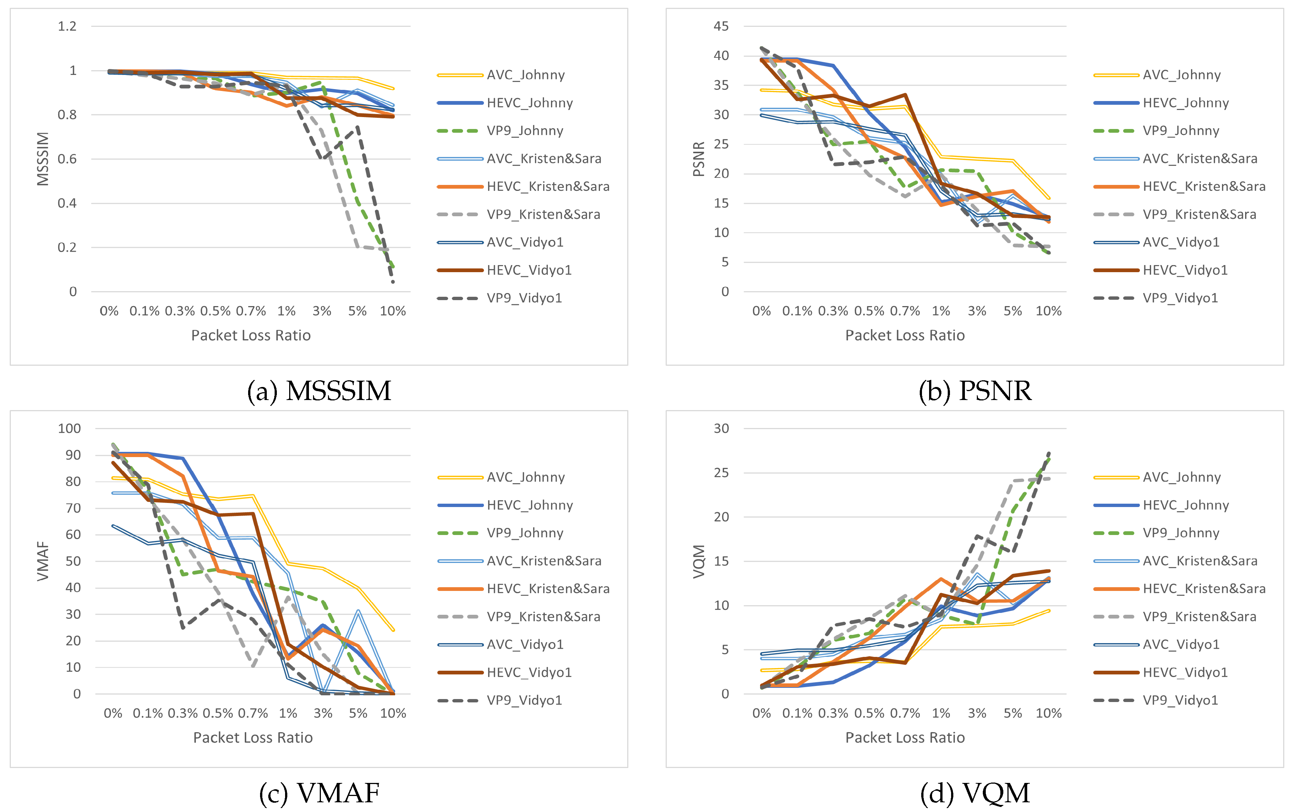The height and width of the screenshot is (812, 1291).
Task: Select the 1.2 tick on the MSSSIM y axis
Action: (x=67, y=26)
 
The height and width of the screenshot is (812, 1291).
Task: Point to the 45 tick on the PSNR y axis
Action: (x=721, y=26)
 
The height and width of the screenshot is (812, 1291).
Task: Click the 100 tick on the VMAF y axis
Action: (x=69, y=428)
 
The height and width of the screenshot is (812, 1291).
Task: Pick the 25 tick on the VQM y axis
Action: (x=721, y=473)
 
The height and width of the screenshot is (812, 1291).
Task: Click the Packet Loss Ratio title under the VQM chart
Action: (x=904, y=737)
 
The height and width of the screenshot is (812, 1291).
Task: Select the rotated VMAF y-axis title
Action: (x=43, y=561)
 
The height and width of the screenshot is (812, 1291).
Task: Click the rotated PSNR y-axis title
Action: (x=698, y=159)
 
